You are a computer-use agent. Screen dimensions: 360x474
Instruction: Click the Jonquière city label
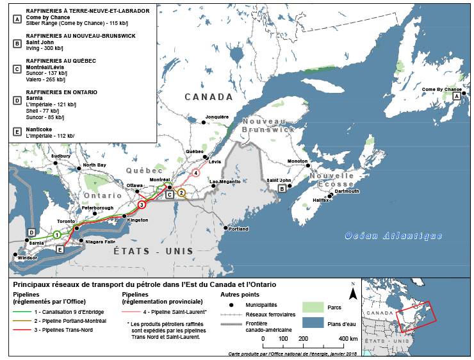217,117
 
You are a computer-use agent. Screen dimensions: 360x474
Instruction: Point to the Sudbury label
61,156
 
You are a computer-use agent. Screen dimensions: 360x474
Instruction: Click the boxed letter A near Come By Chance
456,95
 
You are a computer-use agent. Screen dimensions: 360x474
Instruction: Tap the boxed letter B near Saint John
282,188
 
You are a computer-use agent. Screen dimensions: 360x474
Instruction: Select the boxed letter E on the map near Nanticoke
60,250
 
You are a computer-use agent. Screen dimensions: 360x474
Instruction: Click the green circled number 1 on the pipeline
57,234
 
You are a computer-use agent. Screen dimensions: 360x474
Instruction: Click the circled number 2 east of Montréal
182,192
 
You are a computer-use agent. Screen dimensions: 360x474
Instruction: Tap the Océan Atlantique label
393,236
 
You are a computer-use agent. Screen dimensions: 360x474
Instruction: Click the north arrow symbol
352,292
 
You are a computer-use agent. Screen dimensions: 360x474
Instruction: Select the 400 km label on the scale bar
348,338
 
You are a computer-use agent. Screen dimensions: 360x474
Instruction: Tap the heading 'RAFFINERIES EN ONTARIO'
61,92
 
